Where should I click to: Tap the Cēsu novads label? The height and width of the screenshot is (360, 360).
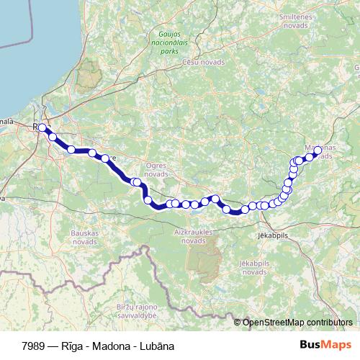203,63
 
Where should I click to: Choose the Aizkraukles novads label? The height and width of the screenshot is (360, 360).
194,237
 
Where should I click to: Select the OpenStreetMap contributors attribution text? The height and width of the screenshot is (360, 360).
297,322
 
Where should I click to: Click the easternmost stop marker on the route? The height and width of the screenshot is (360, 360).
318,150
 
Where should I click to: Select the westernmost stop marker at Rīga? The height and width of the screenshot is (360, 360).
42,127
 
